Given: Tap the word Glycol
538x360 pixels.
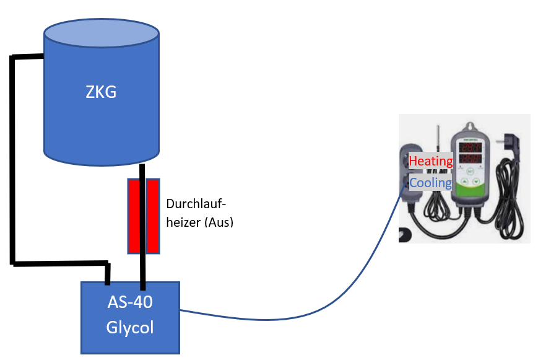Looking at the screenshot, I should click(130, 327).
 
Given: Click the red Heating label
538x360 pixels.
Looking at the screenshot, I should click(431, 162).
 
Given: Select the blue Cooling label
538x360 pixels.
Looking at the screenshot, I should click(431, 183).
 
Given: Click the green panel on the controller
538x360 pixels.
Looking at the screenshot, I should click(471, 182).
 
